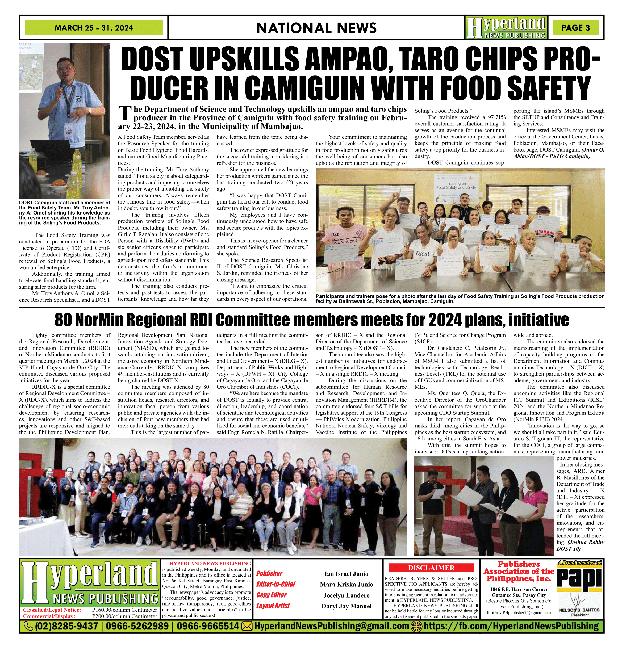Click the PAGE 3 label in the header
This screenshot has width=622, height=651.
[575, 28]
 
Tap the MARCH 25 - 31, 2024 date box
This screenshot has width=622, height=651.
[94, 28]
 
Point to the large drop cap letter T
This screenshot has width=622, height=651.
[125, 114]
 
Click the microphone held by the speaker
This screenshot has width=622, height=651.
[62, 83]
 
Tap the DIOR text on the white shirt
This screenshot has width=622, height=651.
[422, 254]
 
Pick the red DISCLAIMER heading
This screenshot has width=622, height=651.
[431, 568]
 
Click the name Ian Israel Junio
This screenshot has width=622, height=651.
[346, 574]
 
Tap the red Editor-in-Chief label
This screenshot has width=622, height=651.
[275, 584]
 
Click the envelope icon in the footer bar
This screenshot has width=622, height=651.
[247, 626]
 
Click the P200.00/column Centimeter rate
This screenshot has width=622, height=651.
[124, 616]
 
